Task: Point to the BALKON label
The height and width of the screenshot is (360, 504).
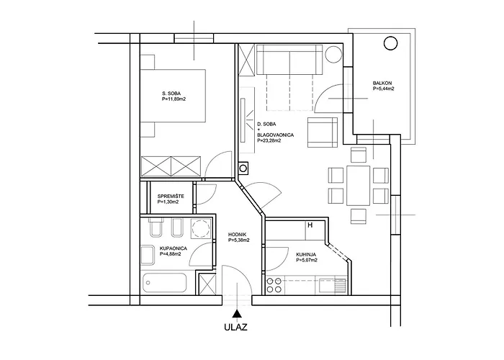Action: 382,84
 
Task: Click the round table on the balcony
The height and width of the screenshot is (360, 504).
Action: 391,43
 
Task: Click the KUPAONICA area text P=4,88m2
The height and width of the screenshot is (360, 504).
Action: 173,254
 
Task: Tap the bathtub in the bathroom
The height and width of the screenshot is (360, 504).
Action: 166,282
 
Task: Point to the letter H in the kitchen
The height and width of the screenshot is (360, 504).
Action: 310,225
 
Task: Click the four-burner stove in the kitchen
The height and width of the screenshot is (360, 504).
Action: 274,284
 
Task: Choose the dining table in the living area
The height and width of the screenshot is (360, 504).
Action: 357,184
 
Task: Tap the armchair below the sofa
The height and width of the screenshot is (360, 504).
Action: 321,131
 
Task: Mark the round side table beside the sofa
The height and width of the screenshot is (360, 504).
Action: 333,55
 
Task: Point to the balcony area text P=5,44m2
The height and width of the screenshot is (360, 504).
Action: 382,90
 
